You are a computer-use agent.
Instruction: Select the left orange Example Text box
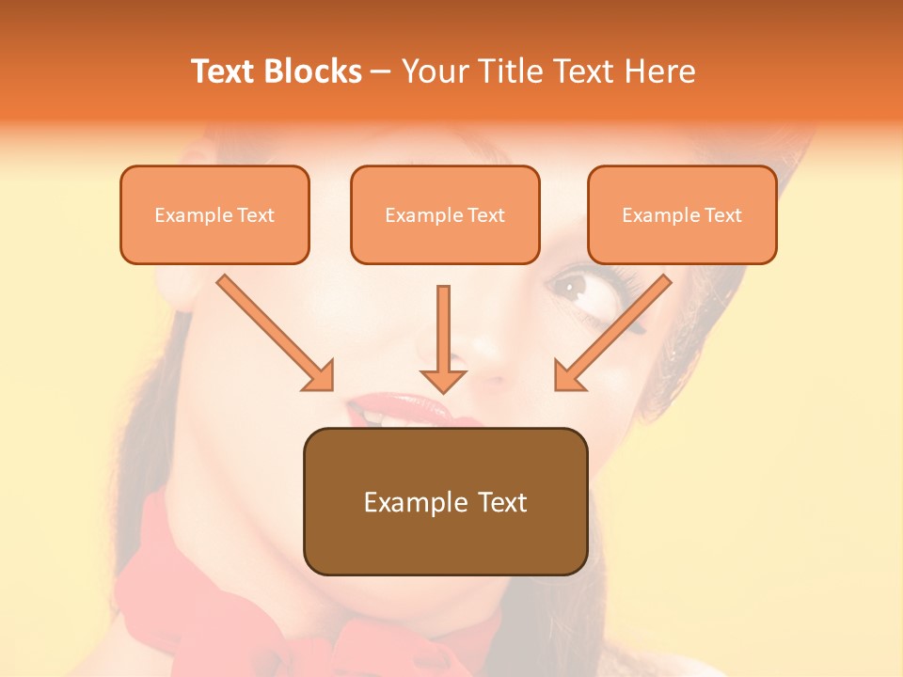214,215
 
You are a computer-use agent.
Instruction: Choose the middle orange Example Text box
445,215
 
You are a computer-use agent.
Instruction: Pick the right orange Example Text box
682,215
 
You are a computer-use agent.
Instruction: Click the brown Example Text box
445,501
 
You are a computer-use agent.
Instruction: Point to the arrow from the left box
275,333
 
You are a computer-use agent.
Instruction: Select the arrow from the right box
612,333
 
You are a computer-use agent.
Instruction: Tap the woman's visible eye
571,285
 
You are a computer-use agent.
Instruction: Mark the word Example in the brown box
411,502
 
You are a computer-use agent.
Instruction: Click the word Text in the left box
256,215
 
